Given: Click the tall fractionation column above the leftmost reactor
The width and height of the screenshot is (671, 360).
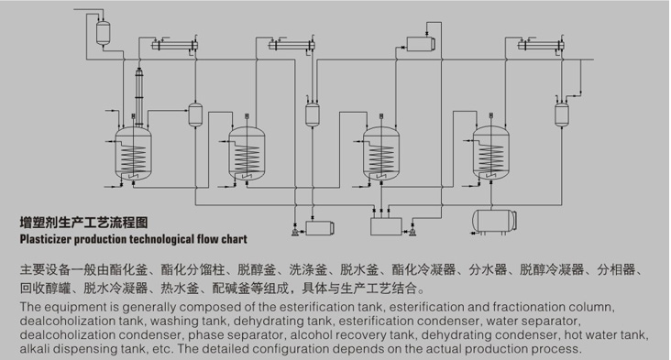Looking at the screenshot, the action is pos(139,96).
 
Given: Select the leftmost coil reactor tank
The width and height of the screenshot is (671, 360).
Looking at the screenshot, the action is pos(134,154).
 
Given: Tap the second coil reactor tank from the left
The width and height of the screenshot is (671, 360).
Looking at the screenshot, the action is pos(247,154).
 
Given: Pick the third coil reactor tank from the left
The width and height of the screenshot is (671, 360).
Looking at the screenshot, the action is pos(380,154).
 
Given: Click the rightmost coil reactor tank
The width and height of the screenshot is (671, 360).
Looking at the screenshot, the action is pos(490,154).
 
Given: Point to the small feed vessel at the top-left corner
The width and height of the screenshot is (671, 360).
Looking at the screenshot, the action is pos(103,32).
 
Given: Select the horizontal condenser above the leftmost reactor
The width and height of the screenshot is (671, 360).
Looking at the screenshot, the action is pos(174,45).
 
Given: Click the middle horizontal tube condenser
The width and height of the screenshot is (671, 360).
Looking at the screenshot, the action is pos(291,45).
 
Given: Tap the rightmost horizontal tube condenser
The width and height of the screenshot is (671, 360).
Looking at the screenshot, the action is pos(541,45).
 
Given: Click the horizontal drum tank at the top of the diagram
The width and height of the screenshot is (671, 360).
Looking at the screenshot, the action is pos(421,44).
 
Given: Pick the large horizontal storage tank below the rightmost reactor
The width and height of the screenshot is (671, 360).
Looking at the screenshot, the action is pos(494,222).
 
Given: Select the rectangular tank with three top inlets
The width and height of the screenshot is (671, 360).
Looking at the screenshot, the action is pos(386,226).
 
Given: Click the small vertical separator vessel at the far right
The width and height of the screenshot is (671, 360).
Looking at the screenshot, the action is pos(561,115).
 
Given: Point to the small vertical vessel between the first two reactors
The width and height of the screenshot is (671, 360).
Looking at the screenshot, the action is pos(195,115).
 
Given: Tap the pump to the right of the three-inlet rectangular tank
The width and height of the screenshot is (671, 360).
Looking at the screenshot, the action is pos(412,232).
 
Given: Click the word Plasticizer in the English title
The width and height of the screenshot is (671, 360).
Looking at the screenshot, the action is pos(46,239).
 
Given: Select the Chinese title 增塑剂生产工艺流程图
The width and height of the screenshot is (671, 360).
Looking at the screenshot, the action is pos(84,223).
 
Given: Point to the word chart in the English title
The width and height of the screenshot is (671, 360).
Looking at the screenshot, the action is pos(234,239).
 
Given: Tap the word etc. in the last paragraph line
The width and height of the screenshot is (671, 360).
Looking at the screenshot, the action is pos(163,349).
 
